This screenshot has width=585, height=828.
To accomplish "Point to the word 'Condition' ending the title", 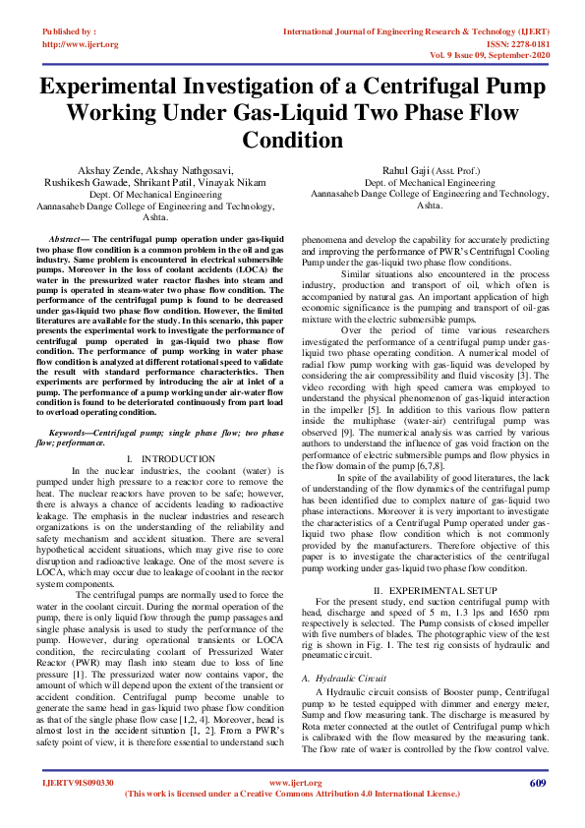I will pyautogui.click(x=292, y=141).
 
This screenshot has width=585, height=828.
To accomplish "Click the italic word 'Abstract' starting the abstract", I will pyautogui.click(x=69, y=240).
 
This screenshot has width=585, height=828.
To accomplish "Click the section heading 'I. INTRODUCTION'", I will pyautogui.click(x=171, y=459).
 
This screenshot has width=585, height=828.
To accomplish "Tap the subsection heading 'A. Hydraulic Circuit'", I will pyautogui.click(x=344, y=679).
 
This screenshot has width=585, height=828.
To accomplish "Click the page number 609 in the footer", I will pyautogui.click(x=537, y=783).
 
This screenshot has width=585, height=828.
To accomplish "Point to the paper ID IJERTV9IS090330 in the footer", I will pyautogui.click(x=79, y=783).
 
